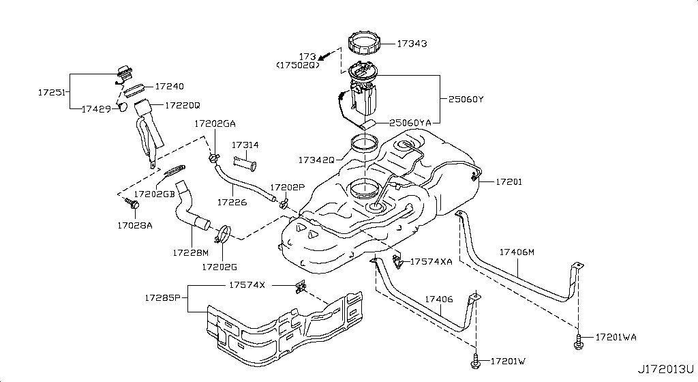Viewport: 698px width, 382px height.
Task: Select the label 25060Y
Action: pos(466,99)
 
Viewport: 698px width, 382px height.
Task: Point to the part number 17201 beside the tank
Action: pos(509,181)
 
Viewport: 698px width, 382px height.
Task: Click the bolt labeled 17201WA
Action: pos(577,339)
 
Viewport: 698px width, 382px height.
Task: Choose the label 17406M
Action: pos(517,252)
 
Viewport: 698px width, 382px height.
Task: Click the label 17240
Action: pos(169,87)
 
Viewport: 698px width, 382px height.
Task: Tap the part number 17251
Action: pos(51,90)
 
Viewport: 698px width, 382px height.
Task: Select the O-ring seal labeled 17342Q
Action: pos(363,145)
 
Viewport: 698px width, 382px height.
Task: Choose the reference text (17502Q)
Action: pos(298,65)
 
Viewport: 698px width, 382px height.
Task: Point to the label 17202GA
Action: pos(215,124)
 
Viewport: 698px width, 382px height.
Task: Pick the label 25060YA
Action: pos(410,123)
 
